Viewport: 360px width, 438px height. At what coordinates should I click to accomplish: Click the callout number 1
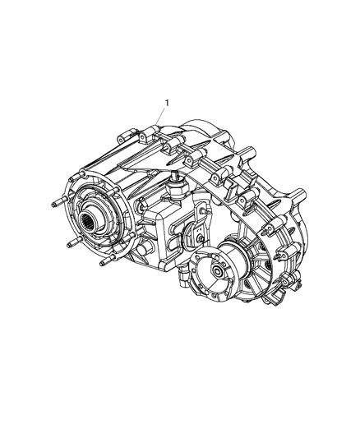pyautogui.click(x=167, y=104)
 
